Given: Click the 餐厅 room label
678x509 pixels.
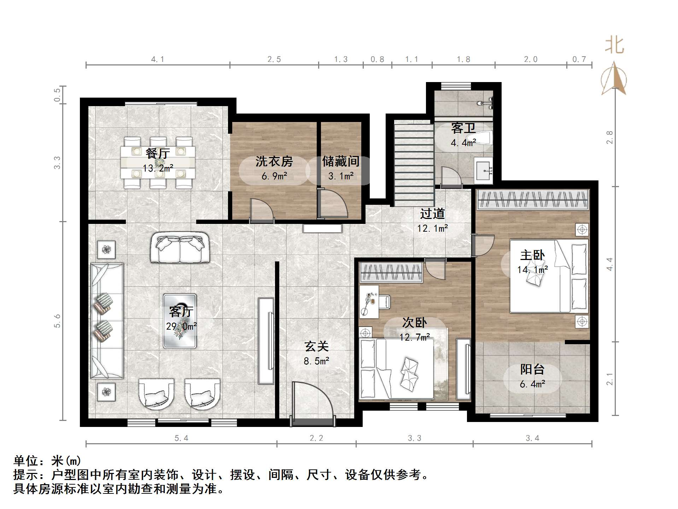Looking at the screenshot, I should point(158,153).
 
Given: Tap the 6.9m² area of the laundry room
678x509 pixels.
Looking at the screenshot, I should point(274,176).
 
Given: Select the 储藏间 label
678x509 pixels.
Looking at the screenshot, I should point(340,161).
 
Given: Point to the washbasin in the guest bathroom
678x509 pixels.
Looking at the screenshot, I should point(483,171).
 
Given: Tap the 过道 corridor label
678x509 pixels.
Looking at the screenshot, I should point(432,214).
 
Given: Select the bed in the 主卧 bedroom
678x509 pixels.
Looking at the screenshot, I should point(548,276).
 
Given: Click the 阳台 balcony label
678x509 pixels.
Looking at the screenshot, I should point(532,369).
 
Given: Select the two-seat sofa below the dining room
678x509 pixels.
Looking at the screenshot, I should point(180,247).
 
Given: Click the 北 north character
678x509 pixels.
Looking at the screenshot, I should point(614,46).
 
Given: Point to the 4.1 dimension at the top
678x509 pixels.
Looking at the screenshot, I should point(157,59).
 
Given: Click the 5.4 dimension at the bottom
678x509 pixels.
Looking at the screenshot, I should point(181,438).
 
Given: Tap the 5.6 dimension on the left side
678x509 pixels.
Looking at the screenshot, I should point(57,321).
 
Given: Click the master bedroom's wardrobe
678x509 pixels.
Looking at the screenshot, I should point(532,199).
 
